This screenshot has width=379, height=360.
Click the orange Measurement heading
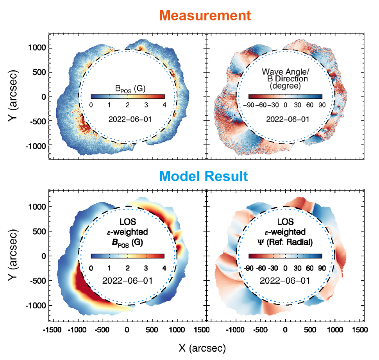[x=205, y=15]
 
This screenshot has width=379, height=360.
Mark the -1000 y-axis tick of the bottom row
[x=36, y=305]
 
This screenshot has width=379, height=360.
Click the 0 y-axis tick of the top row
[x=42, y=97]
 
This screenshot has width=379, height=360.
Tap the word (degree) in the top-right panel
[x=286, y=85]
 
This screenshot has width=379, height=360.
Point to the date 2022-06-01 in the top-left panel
[x=127, y=119]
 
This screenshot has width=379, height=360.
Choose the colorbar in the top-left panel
[x=127, y=97]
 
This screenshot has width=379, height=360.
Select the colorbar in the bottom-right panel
[x=285, y=256]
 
